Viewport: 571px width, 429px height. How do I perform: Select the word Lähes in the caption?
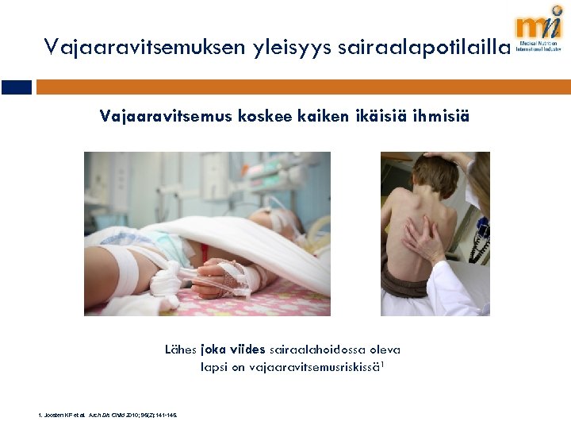click(180, 349)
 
